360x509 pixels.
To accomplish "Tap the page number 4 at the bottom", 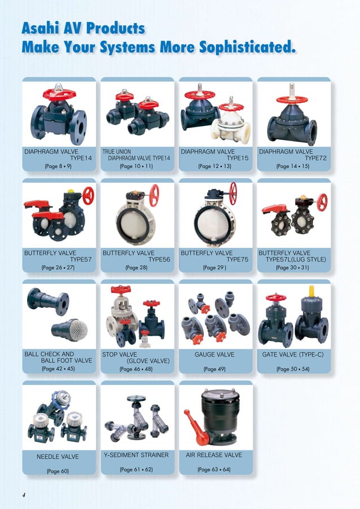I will point(24,495).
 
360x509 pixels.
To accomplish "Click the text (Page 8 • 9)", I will point(59,166).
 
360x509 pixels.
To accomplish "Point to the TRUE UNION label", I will point(116,152).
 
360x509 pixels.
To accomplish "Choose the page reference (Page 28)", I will point(137,267).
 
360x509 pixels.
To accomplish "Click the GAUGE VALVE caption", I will point(214,355).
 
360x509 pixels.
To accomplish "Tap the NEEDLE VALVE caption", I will point(58,457).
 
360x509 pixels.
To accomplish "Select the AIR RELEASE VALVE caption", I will point(214,455).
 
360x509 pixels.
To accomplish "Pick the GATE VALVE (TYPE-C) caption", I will point(293,355).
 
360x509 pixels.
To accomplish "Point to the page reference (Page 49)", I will point(214,369).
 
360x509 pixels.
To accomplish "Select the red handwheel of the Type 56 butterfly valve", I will point(154,195).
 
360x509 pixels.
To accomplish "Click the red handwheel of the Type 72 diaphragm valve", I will point(292,100).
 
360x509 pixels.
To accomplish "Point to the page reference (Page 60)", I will point(58,470).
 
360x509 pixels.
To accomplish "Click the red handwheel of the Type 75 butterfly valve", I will point(233,193).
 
